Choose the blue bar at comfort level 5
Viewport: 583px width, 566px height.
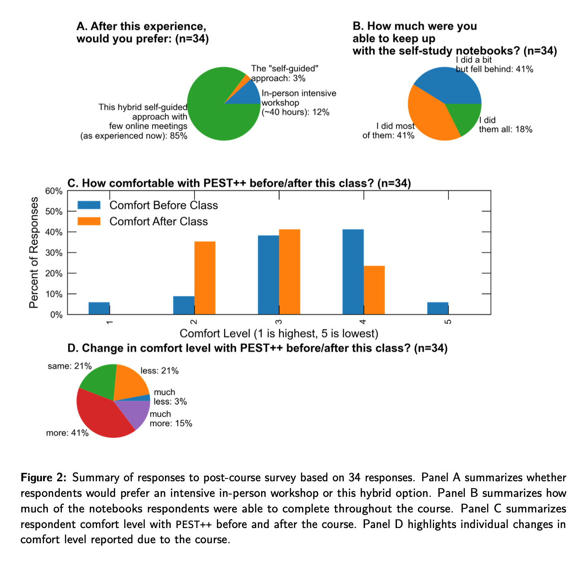438,308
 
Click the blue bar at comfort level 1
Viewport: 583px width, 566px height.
99,308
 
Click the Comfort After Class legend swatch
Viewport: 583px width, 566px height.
89,221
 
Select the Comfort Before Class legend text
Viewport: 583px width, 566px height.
164,205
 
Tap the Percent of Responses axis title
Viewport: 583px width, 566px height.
34,253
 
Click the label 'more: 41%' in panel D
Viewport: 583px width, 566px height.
67,433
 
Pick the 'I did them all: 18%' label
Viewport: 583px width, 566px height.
506,125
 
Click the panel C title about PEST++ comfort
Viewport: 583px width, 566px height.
239,183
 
